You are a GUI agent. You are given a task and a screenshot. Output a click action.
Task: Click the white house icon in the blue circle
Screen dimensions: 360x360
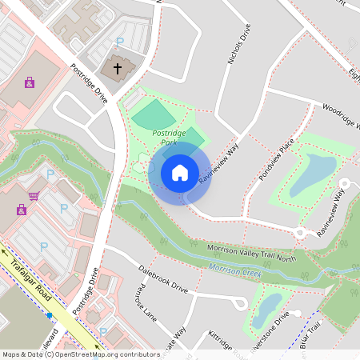[179, 172]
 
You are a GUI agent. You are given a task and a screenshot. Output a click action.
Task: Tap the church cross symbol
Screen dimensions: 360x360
[118, 69]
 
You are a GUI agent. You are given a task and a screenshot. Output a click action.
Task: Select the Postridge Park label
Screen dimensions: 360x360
[169, 137]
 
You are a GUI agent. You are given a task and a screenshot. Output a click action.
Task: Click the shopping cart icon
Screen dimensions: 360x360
[34, 196]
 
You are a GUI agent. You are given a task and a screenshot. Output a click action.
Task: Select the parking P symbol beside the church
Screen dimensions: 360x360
[120, 42]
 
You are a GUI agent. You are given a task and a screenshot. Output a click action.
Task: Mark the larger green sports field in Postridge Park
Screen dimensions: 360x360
[152, 116]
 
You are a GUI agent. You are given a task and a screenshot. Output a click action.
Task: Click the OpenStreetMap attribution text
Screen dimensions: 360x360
[80, 354]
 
